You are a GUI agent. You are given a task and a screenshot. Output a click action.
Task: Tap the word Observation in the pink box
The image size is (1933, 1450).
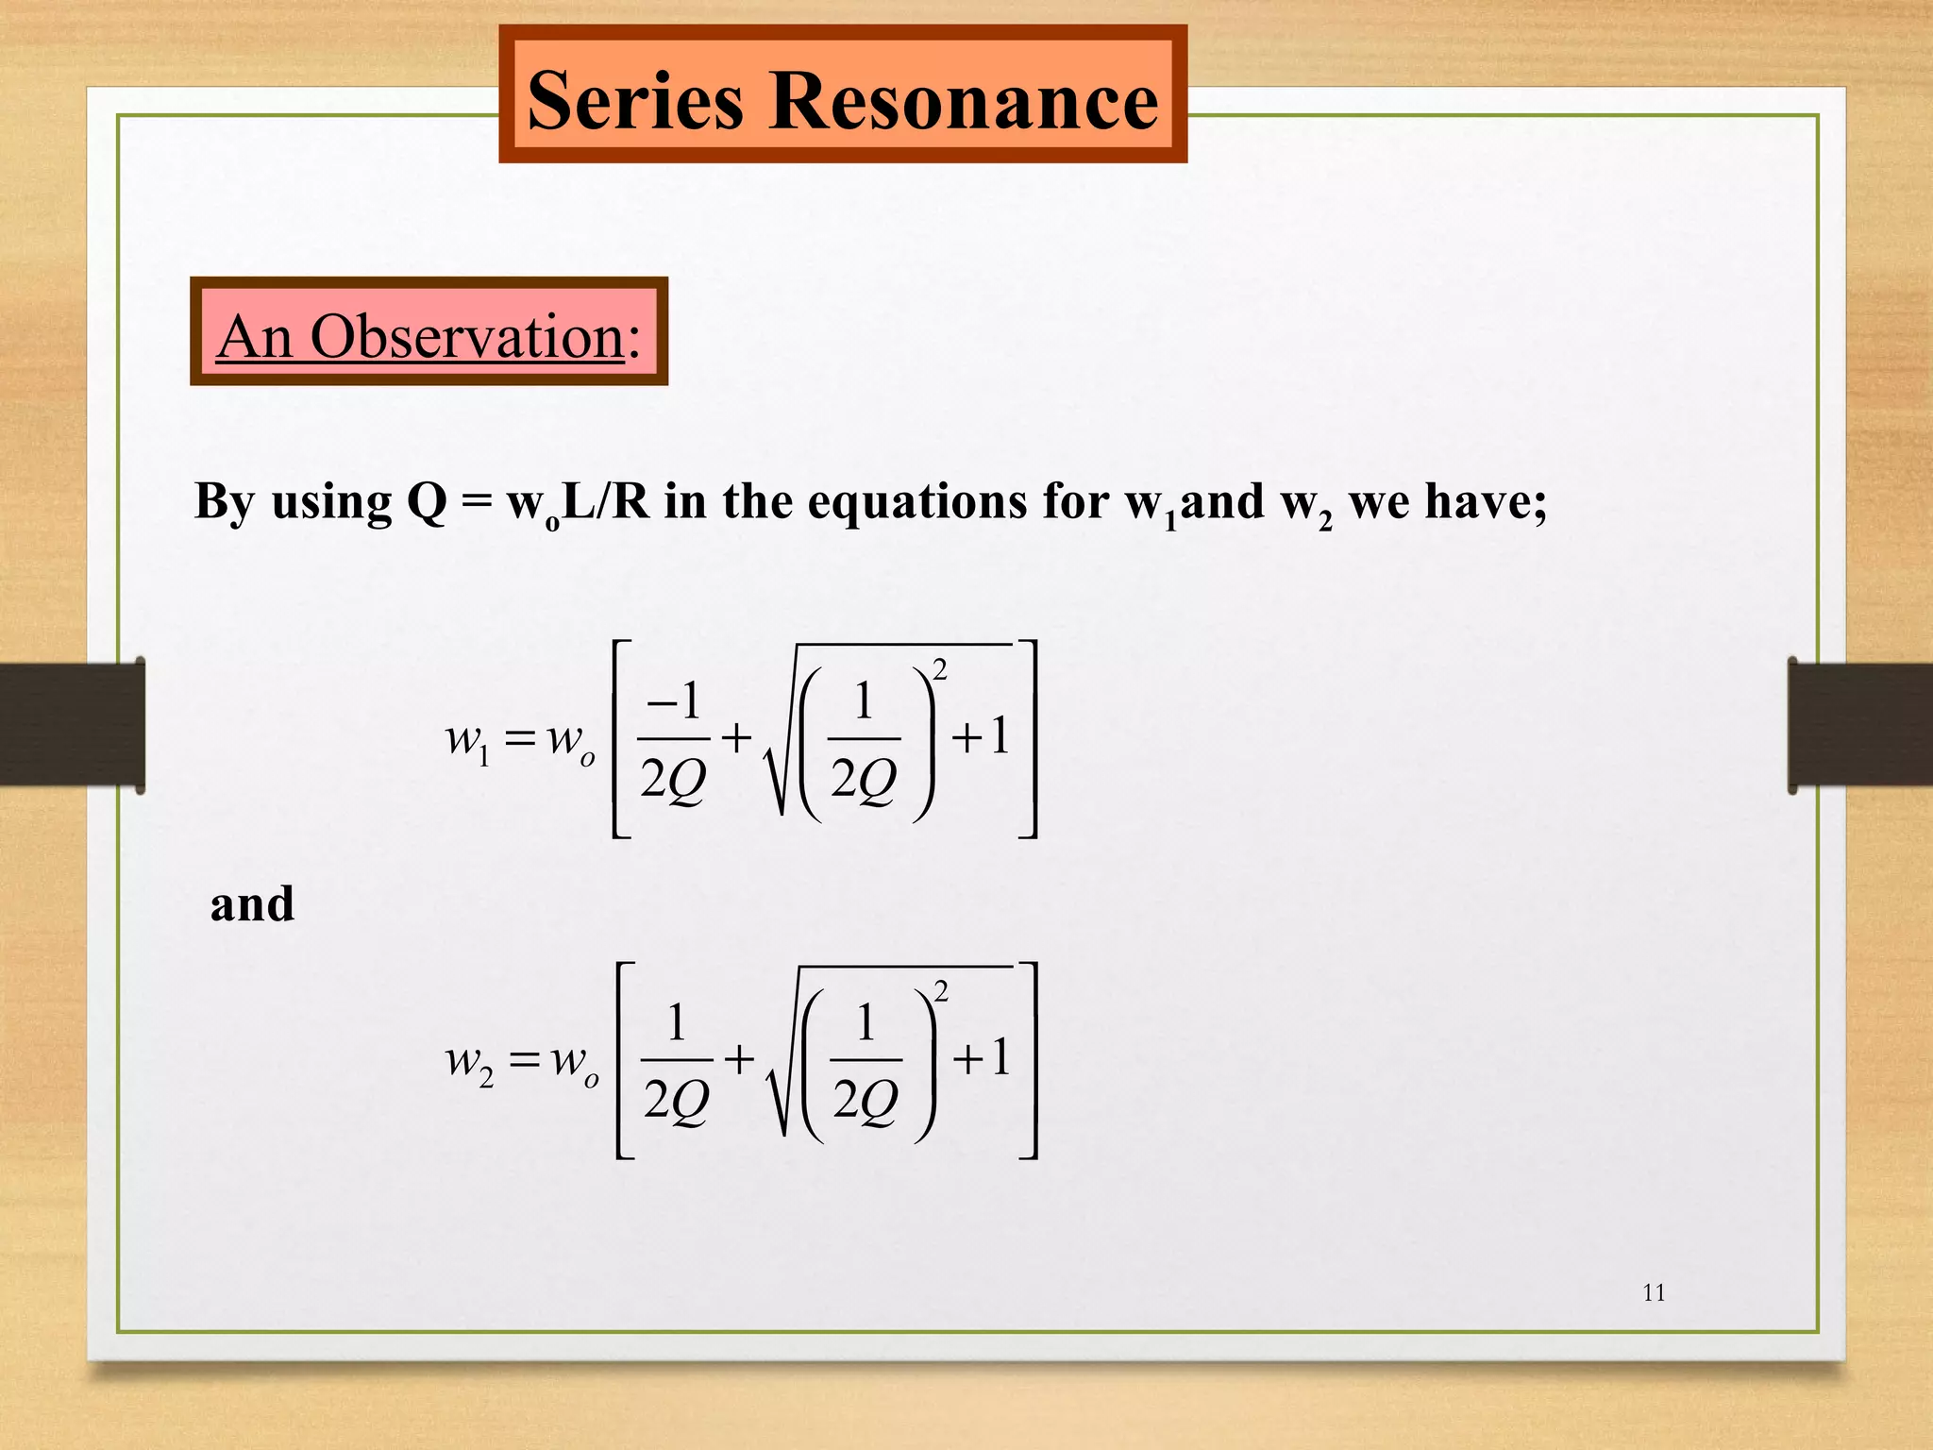467,336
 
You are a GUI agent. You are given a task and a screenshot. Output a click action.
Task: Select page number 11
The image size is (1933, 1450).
1654,1292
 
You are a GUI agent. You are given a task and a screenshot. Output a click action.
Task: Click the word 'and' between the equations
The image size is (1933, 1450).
252,903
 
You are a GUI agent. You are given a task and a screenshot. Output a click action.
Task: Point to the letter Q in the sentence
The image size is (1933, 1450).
427,501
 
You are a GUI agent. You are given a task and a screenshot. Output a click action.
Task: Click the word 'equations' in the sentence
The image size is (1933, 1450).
916,501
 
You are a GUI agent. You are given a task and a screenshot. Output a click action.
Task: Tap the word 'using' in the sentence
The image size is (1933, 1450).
331,503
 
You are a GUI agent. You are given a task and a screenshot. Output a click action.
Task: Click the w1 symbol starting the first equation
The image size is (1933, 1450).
468,739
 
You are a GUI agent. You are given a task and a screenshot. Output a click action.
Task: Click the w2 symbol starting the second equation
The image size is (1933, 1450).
469,1061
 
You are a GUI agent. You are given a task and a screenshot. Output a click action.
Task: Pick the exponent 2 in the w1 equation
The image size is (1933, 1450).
939,670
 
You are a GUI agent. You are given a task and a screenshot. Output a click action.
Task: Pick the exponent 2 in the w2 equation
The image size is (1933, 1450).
940,991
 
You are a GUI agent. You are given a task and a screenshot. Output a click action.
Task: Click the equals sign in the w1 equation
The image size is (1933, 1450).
520,737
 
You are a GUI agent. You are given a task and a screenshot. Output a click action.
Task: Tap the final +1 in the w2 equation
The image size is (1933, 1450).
982,1057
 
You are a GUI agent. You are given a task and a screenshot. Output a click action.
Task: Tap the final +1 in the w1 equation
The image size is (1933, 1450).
982,736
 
